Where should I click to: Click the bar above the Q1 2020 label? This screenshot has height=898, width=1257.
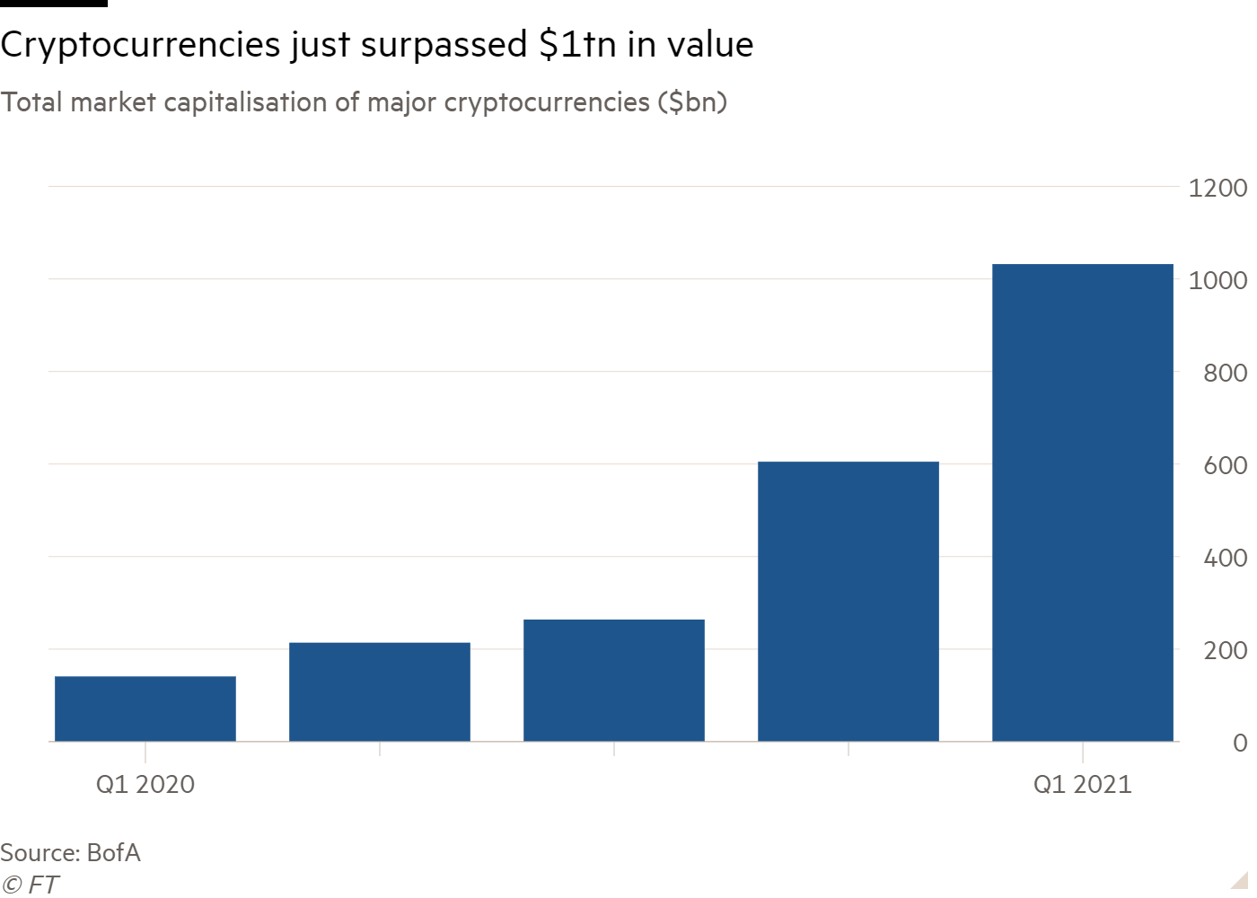[145, 709]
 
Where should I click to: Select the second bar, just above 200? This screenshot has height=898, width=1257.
[380, 691]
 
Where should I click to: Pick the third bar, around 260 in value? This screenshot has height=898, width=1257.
[614, 680]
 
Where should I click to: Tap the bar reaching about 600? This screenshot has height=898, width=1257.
[848, 601]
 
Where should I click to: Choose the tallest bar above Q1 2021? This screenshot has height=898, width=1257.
[1083, 502]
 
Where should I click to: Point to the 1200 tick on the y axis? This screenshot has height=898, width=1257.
[1217, 188]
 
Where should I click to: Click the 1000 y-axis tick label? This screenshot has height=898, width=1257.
[1217, 280]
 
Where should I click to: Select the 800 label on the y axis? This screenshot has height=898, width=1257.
[1225, 373]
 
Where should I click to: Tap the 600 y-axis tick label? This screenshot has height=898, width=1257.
[1225, 465]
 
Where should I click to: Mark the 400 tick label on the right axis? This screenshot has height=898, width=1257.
[1225, 558]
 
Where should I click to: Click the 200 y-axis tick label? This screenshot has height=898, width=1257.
[1225, 650]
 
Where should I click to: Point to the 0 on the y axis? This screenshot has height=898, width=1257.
[1240, 743]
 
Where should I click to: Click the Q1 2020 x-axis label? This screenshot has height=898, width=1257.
[145, 784]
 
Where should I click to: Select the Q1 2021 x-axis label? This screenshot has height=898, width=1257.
[1083, 784]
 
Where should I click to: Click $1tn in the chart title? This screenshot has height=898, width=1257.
[577, 45]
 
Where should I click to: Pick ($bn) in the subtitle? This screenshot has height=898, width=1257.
[692, 102]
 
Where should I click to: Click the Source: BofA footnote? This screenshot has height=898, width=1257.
[71, 852]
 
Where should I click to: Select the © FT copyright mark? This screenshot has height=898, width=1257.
[30, 885]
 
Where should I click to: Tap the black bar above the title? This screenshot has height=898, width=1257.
[54, 4]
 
